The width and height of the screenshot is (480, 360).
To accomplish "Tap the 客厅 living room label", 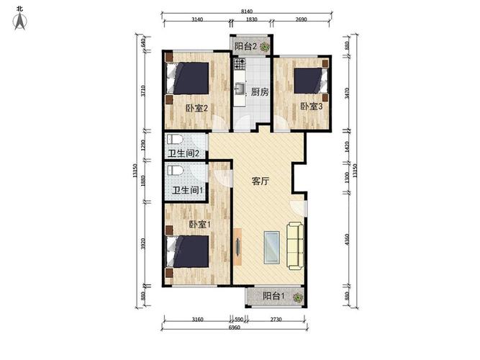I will [260, 181].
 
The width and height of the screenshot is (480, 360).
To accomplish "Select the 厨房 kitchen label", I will [259, 92].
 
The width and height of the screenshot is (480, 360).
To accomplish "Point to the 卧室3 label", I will [310, 107].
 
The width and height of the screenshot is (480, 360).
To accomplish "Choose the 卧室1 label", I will [199, 225].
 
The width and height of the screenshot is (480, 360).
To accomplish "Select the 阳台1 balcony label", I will [273, 296].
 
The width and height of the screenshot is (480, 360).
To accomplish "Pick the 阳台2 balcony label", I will [246, 47].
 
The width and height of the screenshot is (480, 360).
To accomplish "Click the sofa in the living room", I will [295, 243].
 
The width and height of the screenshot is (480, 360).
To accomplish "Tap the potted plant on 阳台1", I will [296, 295].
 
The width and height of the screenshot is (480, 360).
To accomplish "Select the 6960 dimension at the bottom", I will [235, 329].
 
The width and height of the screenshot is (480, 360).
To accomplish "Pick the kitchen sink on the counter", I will [240, 89].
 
